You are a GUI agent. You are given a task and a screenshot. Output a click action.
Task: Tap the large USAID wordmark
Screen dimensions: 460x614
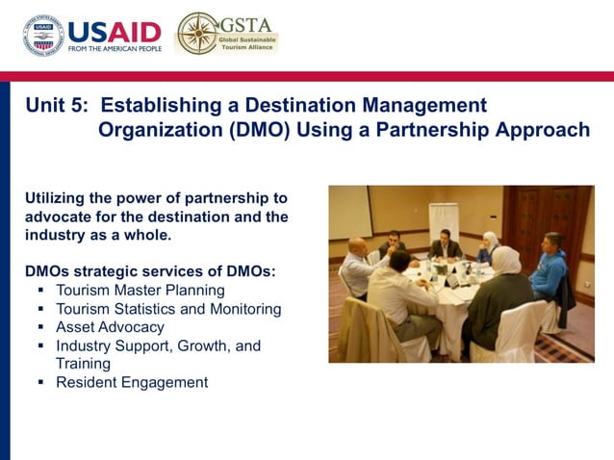(x=114, y=29)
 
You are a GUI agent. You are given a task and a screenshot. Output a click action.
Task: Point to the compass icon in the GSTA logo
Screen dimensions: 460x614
(x=197, y=34)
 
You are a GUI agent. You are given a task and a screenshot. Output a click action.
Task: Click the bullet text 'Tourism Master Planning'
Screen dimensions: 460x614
(x=140, y=290)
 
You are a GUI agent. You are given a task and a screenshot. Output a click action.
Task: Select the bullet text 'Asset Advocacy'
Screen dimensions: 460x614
(x=110, y=327)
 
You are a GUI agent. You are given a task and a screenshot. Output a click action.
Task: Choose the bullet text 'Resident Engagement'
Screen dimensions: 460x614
(x=132, y=382)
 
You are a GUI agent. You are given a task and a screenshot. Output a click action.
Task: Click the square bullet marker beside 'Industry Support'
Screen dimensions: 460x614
(x=41, y=345)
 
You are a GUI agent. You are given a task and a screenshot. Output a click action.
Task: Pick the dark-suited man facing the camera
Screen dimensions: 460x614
(x=445, y=246)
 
